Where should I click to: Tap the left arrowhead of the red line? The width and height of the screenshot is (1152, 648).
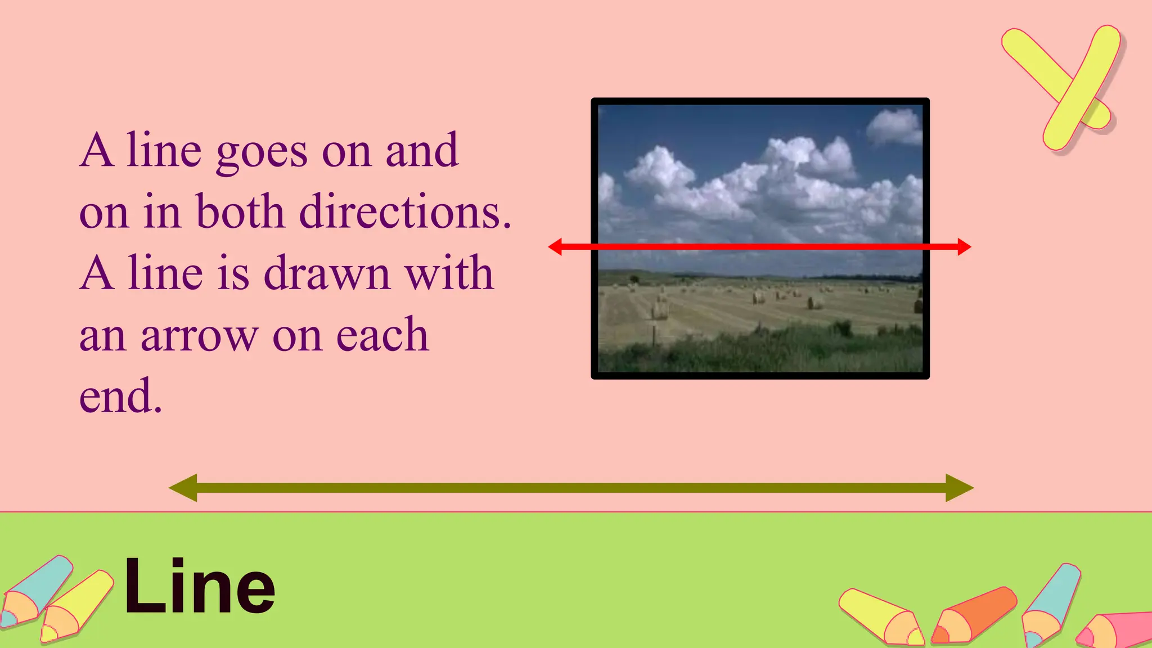(x=555, y=246)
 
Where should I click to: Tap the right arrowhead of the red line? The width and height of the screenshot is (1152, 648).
(x=964, y=246)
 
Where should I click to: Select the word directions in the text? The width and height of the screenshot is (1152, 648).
(x=405, y=213)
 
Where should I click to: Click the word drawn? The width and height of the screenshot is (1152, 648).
(x=327, y=273)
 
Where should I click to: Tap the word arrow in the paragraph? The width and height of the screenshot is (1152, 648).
(x=199, y=336)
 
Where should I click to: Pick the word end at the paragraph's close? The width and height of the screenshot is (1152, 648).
(x=120, y=396)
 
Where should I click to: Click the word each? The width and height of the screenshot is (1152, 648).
(x=382, y=335)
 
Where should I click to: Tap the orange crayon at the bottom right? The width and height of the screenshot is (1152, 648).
(x=974, y=615)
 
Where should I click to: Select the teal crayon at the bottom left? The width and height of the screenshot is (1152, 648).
(x=37, y=591)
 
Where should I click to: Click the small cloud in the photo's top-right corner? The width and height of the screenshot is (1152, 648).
(x=894, y=126)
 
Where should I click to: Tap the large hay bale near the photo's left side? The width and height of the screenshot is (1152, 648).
(x=659, y=309)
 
